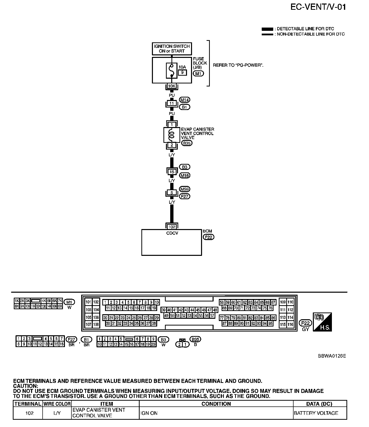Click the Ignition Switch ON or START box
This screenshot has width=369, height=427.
coord(172,49)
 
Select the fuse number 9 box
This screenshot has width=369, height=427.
coord(182,73)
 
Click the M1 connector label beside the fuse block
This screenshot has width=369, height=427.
coord(198,73)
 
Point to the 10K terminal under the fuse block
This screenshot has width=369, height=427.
coord(172,86)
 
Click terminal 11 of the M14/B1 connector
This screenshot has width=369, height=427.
coord(172,103)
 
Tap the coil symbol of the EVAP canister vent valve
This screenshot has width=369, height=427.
coord(171,135)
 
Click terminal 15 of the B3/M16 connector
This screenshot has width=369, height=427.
coord(172,172)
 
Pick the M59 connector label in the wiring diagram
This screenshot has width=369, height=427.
coord(185,189)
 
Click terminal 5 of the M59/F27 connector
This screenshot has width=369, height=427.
coord(172,193)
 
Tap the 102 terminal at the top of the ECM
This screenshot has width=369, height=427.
coord(172,227)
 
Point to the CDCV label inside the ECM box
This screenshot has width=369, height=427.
coord(172,233)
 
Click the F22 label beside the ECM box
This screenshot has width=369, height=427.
coord(208,237)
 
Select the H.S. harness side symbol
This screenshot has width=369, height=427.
coord(322,322)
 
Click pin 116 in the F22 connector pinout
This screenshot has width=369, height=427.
coord(290,324)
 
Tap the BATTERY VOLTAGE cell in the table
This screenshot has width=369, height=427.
coord(316,413)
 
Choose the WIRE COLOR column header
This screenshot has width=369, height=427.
coord(57,404)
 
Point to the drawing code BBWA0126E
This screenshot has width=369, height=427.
coord(332,356)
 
